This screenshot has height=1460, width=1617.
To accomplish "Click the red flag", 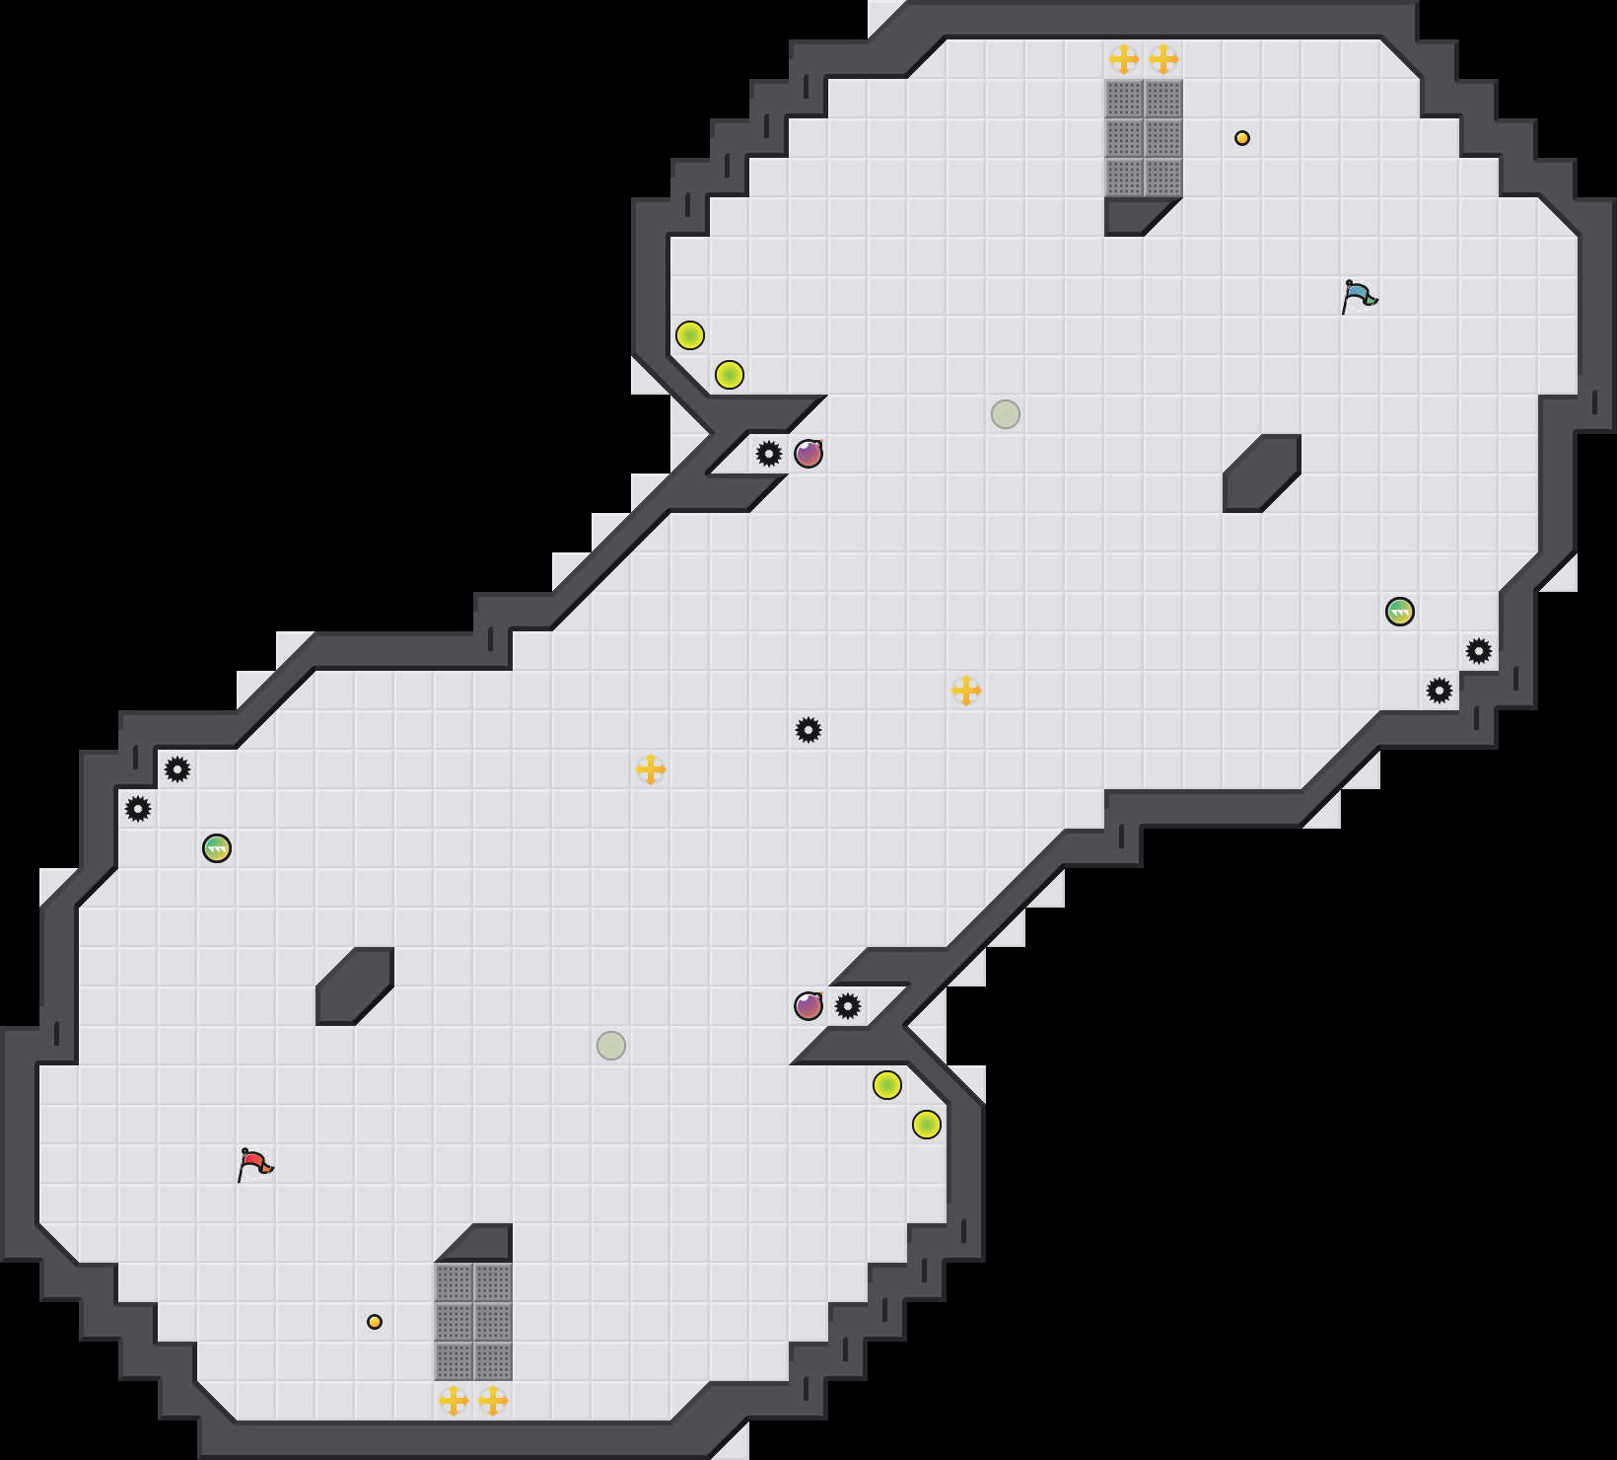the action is (x=254, y=1164).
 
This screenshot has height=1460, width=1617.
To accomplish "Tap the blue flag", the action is (x=1359, y=295).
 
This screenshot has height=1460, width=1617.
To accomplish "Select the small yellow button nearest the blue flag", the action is (x=1242, y=138).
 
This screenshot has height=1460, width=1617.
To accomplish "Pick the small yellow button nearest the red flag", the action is (x=375, y=1322).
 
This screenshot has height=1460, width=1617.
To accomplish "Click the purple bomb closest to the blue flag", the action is (x=808, y=454).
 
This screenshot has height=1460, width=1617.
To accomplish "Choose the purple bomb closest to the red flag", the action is (x=808, y=1006).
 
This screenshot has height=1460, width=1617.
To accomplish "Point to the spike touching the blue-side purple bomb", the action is (x=769, y=454).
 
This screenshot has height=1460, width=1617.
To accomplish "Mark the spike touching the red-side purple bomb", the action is (x=848, y=1006).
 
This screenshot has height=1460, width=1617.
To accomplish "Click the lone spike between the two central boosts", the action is (x=808, y=730).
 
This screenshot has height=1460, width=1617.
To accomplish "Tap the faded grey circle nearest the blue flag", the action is (x=1006, y=414).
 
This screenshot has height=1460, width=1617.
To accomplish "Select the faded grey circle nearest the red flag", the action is (x=611, y=1046).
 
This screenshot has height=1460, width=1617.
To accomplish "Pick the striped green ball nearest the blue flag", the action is (x=1400, y=612).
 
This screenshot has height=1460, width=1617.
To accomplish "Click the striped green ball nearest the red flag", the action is (x=217, y=848).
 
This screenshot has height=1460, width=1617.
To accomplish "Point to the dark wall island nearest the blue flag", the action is (x=1262, y=474).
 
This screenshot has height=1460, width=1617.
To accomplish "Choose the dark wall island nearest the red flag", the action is (x=355, y=986).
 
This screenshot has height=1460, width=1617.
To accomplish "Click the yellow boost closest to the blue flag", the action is (x=1163, y=59).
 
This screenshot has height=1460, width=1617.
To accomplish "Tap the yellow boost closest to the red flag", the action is (x=454, y=1401).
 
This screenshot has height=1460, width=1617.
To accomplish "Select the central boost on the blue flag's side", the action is (x=966, y=691).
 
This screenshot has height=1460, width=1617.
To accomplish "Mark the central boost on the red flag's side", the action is (x=651, y=769).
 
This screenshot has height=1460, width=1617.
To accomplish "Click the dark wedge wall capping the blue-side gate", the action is (x=1134, y=214).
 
